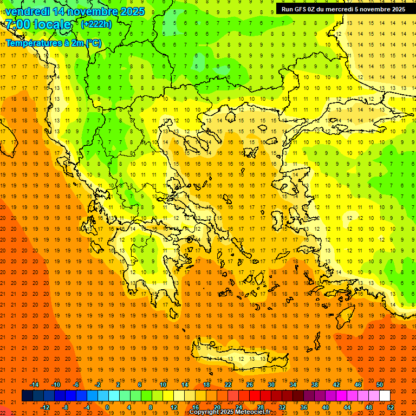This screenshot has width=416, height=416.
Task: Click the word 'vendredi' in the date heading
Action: tap(27, 11)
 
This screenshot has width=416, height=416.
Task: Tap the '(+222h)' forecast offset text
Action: tap(96, 24)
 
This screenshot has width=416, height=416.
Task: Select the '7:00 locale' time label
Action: tap(38, 24)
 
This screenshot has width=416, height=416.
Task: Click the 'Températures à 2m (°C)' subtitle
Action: tap(53, 43)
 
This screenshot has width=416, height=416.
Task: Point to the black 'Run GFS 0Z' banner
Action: tap(343, 9)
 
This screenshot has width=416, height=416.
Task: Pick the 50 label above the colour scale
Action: tap(379, 385)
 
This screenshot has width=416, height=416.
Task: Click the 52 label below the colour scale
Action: tap(391, 407)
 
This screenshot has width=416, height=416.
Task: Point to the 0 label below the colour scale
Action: tap(107, 407)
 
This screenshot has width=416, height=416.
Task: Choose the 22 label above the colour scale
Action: tap(228, 385)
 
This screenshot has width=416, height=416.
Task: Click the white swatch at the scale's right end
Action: tap(385, 396)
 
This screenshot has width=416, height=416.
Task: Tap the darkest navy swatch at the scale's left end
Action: tap(27, 396)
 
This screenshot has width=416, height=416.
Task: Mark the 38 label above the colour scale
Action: tap(315, 385)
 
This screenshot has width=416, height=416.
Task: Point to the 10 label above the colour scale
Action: tap(163, 385)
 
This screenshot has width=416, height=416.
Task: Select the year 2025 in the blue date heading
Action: tap(132, 11)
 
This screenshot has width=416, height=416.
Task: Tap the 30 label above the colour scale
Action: tap(271, 385)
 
